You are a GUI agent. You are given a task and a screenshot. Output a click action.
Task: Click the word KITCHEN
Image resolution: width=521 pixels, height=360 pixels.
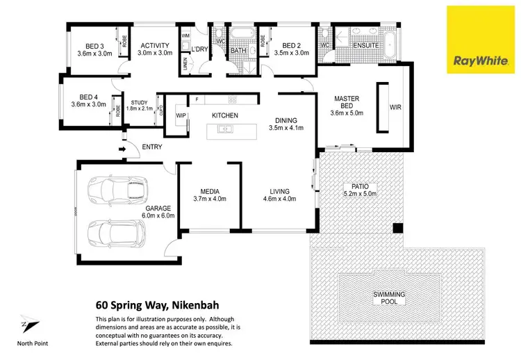tap(225, 115)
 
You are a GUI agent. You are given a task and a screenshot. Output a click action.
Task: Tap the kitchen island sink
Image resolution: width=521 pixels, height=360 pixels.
tap(225, 129)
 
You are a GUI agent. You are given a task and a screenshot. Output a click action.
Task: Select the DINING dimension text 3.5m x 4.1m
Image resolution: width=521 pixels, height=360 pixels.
tap(286, 128)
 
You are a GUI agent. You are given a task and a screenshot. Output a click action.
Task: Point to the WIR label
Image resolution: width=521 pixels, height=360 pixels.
tap(395, 108)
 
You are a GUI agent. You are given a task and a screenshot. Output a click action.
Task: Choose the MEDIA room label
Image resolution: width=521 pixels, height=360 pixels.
tap(209, 192)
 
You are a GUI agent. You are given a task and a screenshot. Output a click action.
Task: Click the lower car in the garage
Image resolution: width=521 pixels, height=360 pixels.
tap(115, 236)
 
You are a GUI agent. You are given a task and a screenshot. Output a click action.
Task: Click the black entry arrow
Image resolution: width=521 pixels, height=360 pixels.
tap(123, 147)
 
